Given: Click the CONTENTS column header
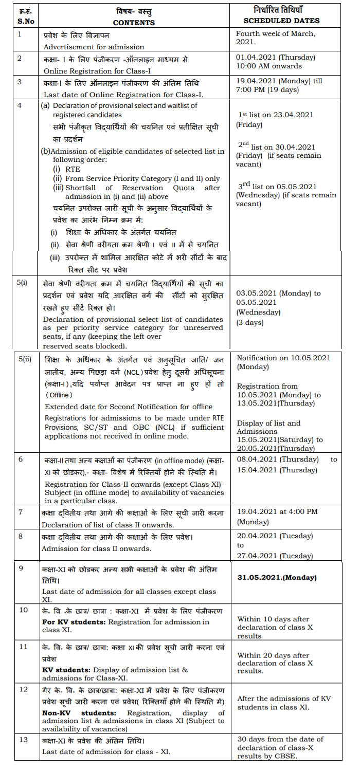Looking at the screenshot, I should click(x=134, y=23).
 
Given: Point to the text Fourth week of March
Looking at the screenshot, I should click(x=276, y=34).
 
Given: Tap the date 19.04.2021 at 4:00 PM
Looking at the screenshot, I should click(x=277, y=511).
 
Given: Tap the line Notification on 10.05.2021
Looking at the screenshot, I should click(x=283, y=358).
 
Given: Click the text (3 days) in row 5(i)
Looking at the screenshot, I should click(x=250, y=322).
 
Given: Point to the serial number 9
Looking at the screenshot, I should click(x=21, y=568).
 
